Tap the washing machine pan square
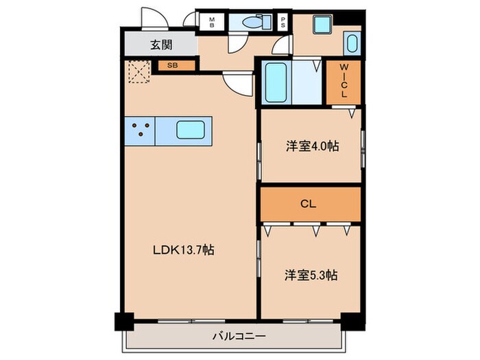coord(323,25)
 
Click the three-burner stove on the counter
coord(140,130)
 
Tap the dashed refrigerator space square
coord(140,71)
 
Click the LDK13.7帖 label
coord(183,250)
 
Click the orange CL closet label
coord(311,204)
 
